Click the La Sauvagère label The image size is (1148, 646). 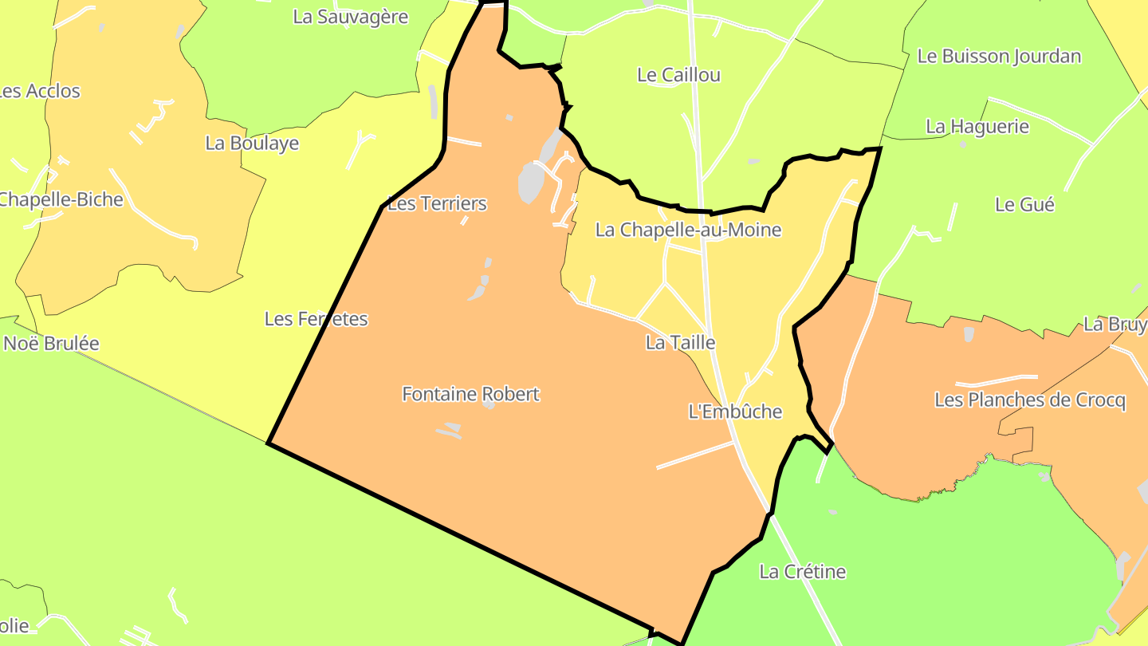tap(351, 17)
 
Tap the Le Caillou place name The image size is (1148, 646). tap(678, 75)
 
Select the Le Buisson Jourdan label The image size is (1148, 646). tap(999, 56)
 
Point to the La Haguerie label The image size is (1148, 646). tap(977, 126)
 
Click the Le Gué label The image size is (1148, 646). tap(1024, 204)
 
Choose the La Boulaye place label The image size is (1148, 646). tap(252, 144)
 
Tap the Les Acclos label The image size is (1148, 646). tap(40, 91)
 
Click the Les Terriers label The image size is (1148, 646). tap(437, 203)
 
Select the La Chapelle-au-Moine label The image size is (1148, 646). tap(688, 230)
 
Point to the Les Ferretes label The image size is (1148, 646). tap(316, 319)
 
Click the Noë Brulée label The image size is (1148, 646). tap(52, 344)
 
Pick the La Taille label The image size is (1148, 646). tap(680, 343)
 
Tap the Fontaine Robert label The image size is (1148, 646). tap(470, 394)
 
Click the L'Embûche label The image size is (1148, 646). tap(735, 412)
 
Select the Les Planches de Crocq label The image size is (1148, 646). tap(1030, 400)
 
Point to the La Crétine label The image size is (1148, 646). tap(802, 572)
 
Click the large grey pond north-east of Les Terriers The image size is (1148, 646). tap(531, 182)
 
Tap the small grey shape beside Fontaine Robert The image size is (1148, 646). tap(488, 404)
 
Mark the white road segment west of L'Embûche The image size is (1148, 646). tap(694, 455)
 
